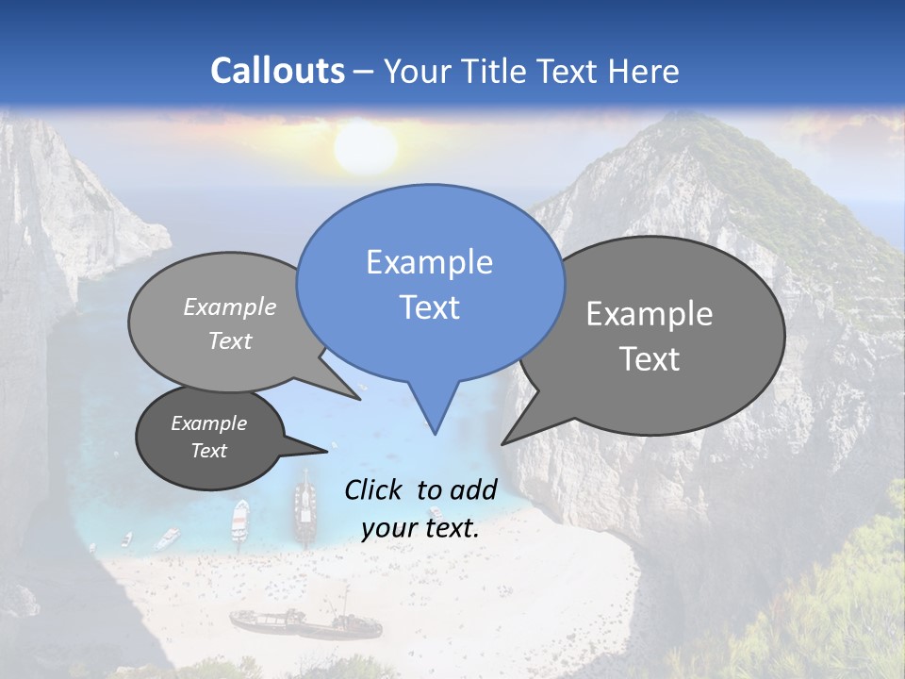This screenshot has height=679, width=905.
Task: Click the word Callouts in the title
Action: coord(277,71)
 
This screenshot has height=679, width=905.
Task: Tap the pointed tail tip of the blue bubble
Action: coord(435,433)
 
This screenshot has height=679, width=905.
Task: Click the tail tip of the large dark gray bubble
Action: coord(503,443)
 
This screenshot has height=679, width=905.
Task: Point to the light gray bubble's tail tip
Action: coord(360,399)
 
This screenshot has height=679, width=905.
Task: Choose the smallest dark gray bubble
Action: coord(209,437)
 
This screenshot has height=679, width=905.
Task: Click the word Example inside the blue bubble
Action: coord(429,262)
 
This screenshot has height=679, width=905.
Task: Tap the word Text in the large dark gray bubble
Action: coord(650,359)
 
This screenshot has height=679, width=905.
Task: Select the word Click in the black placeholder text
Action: coord(373,489)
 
